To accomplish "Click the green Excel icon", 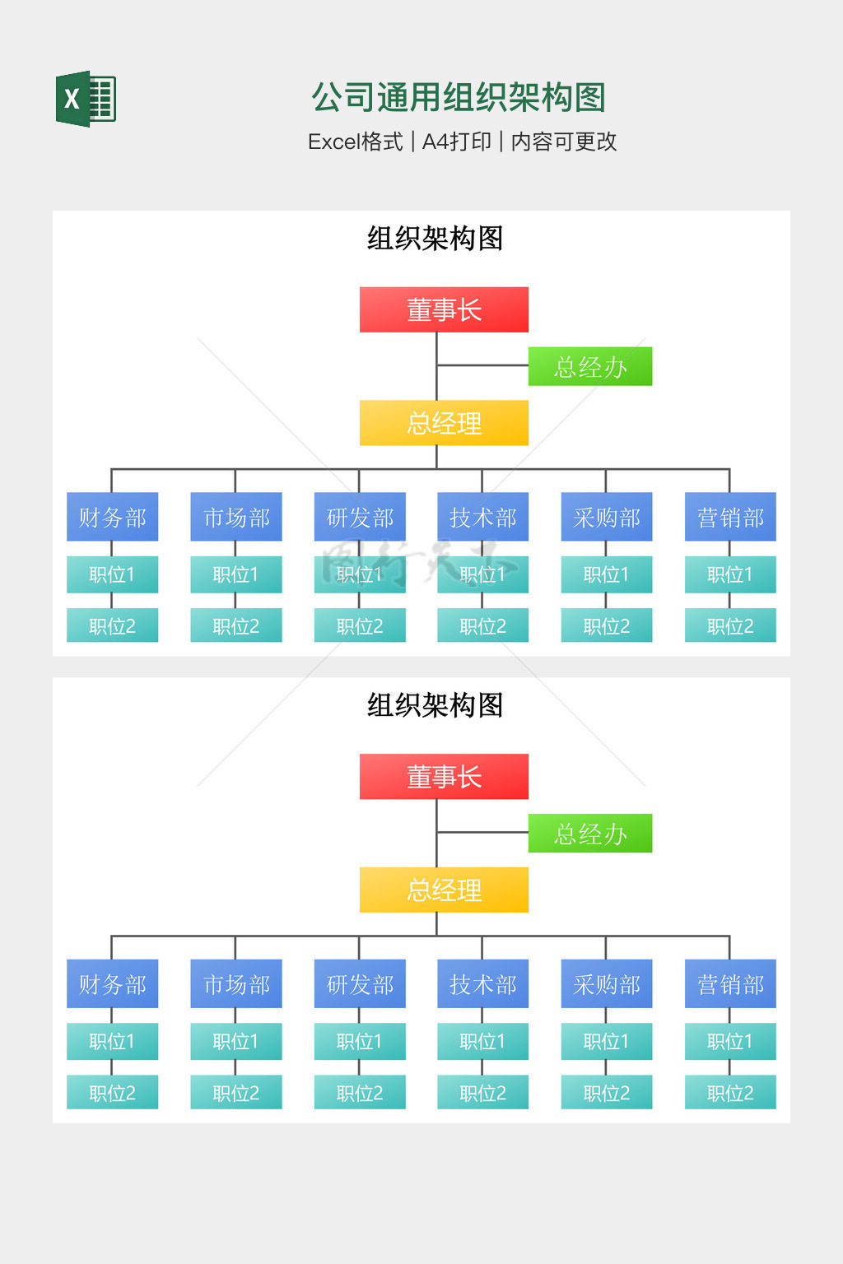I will click(86, 99).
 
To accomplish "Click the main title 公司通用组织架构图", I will click(458, 97).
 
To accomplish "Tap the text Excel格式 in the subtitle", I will click(355, 142).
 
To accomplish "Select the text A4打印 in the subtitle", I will click(456, 142).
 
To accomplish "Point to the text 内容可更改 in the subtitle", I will click(564, 142).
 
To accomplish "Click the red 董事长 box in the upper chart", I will click(444, 309).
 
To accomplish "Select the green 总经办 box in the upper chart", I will click(589, 366).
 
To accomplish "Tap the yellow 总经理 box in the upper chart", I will click(444, 423).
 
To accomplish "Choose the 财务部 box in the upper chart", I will click(112, 517).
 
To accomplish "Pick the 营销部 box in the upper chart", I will click(730, 517).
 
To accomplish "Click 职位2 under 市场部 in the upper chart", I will click(235, 625).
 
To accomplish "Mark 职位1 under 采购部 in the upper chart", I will click(606, 574).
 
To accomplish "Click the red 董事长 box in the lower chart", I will click(444, 776).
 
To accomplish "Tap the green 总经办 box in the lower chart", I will click(589, 833).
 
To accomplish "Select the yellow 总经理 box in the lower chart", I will click(444, 890).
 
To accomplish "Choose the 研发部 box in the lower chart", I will click(360, 983).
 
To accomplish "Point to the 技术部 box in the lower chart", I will click(482, 983).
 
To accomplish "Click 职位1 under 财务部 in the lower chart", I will click(112, 1041).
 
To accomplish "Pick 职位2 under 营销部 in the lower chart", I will click(730, 1092).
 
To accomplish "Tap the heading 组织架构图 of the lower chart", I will click(435, 705).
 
